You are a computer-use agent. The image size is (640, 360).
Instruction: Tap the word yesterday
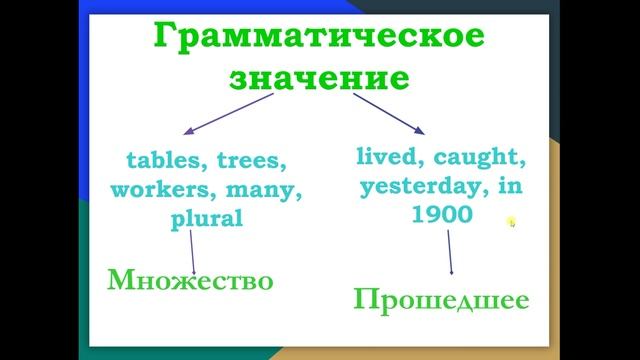[x=419, y=186]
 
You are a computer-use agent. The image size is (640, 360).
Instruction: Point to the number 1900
[x=441, y=214]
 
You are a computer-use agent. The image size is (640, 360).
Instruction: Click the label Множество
[x=190, y=281]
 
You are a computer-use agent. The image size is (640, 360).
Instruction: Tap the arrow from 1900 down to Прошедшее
[x=449, y=251]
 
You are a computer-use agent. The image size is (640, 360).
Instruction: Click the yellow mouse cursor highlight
[x=511, y=223]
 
